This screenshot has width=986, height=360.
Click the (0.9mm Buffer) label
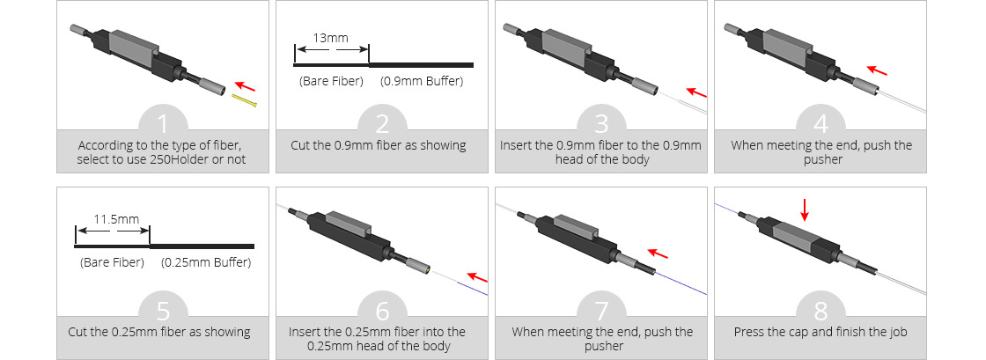pyautogui.click(x=422, y=82)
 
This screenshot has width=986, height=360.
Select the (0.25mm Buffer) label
pyautogui.click(x=206, y=262)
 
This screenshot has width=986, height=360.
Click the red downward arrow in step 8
pyautogui.click(x=803, y=209)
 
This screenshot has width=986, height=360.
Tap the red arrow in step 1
pyautogui.click(x=249, y=86)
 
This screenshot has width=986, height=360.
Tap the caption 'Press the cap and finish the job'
pyautogui.click(x=821, y=333)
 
